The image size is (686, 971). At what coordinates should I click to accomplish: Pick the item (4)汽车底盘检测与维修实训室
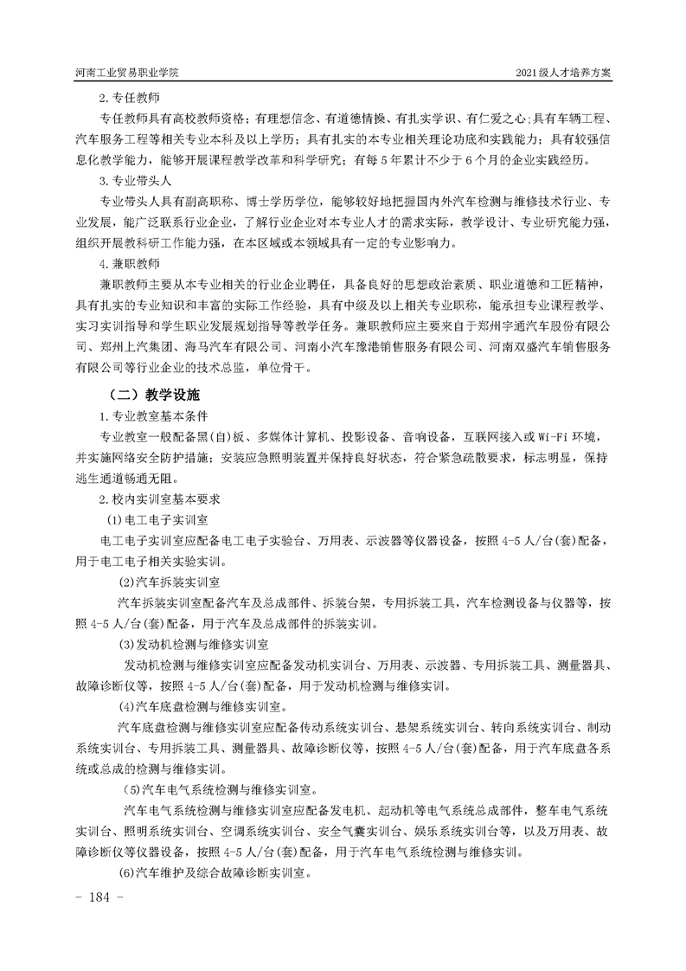(205, 706)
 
